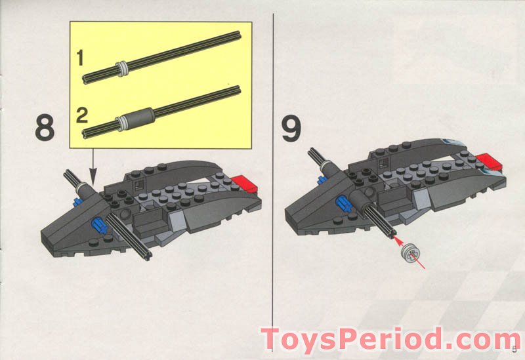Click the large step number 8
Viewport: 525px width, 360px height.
point(44,128)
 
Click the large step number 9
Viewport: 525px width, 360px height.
point(291,128)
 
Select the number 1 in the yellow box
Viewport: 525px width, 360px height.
point(80,58)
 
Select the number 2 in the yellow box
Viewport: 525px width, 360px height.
point(81,116)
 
